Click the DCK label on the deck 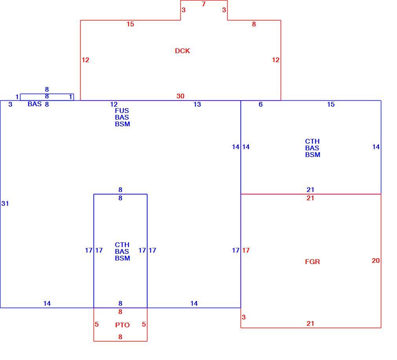click(182, 51)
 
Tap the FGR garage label click(312, 262)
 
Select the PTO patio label click(122, 325)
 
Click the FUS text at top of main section click(122, 111)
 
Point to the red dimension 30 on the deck click(180, 96)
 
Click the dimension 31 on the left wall click(5, 203)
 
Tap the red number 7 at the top click(204, 4)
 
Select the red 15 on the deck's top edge click(130, 24)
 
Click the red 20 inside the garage click(376, 261)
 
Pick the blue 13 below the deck click(197, 104)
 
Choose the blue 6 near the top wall click(261, 104)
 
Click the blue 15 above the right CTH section click(331, 104)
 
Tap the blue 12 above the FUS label click(114, 104)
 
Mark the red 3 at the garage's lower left click(244, 317)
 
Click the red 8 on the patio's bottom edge click(120, 337)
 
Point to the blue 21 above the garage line click(311, 190)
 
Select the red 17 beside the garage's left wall click(246, 250)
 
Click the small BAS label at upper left click(35, 104)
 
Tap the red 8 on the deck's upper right click(254, 24)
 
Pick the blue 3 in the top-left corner click(10, 104)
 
